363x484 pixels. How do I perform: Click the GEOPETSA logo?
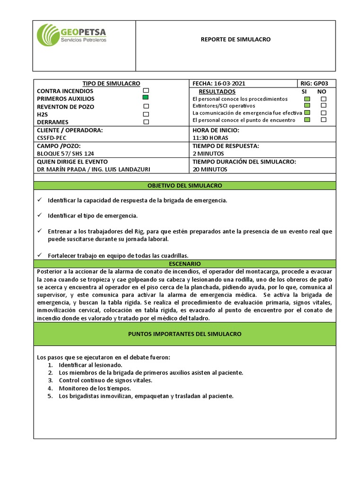click(72, 36)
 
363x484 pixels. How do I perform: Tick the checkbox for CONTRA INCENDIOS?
click(146, 90)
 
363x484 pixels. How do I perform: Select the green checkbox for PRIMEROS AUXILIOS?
click(146, 97)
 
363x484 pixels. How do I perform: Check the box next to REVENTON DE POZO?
click(146, 106)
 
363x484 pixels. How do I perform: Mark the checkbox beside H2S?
click(146, 114)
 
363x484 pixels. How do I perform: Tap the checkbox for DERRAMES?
click(146, 122)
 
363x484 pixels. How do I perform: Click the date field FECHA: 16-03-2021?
click(219, 84)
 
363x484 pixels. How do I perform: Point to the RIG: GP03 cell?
click(318, 84)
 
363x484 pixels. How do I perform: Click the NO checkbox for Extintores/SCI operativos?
click(323, 106)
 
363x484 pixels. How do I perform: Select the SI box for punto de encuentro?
click(307, 120)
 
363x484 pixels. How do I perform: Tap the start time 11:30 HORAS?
click(210, 138)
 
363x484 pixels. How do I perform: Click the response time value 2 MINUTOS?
click(208, 154)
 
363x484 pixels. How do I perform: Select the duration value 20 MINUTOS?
click(210, 169)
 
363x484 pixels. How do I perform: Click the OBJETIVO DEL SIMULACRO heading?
click(184, 186)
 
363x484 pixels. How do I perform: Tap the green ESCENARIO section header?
click(184, 263)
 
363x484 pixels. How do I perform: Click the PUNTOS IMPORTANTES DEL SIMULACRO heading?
click(184, 334)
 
